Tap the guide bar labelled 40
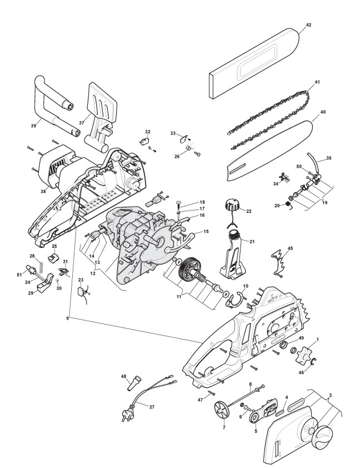pos(272,150)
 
